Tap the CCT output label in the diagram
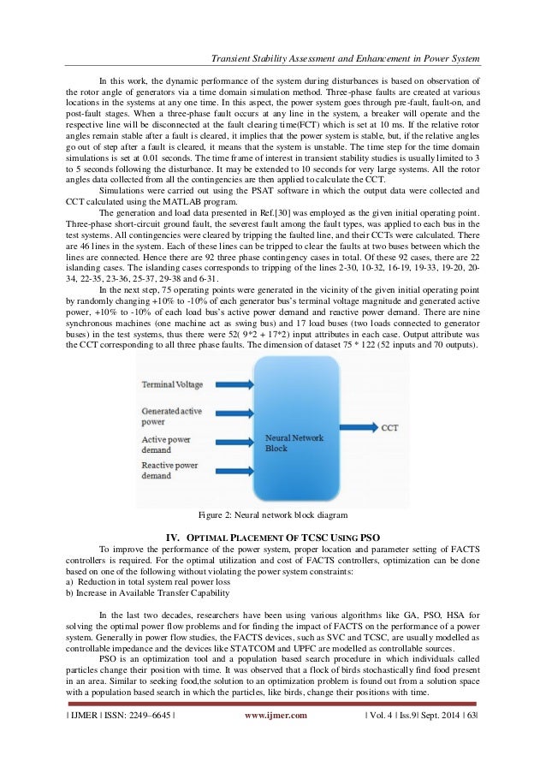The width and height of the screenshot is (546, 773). pyautogui.click(x=389, y=425)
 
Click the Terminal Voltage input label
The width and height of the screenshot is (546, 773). pyautogui.click(x=172, y=384)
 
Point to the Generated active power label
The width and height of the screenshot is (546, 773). pyautogui.click(x=172, y=416)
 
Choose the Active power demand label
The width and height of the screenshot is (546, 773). pyautogui.click(x=167, y=445)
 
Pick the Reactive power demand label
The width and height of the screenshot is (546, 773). pyautogui.click(x=169, y=470)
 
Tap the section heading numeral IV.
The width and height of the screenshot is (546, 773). pyautogui.click(x=171, y=537)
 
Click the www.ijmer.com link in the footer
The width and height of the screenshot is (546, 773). pyautogui.click(x=276, y=739)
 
